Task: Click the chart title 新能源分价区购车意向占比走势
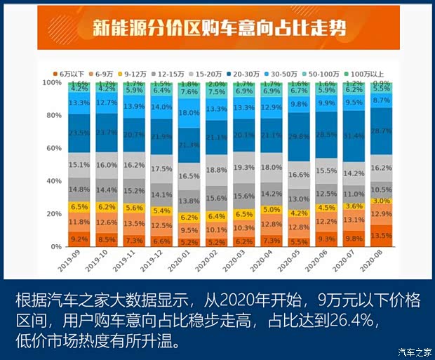point(217,29)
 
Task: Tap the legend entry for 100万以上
point(366,73)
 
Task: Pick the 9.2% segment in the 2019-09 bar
point(79,239)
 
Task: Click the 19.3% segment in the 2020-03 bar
point(243,168)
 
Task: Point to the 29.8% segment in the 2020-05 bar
point(298,136)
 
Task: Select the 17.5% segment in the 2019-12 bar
point(161,169)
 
